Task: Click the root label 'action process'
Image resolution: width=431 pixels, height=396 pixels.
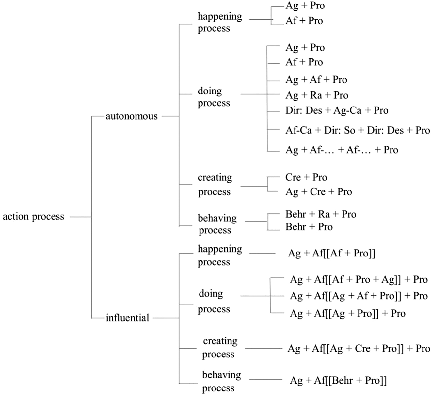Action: [x=33, y=217]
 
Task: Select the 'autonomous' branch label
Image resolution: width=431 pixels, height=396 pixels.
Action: [x=131, y=116]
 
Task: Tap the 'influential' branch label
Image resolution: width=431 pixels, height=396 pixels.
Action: [x=127, y=318]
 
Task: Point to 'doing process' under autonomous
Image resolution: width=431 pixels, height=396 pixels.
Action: [x=214, y=97]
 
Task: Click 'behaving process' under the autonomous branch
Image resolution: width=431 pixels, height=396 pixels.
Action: [x=217, y=224]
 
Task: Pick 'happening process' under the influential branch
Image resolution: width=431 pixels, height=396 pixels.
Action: [x=219, y=255]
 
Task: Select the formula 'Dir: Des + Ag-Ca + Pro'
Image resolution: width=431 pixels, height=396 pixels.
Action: [x=337, y=110]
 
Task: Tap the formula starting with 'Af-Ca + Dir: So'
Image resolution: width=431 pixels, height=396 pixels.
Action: [x=358, y=130]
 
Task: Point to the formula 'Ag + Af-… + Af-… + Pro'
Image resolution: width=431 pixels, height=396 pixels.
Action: [x=342, y=150]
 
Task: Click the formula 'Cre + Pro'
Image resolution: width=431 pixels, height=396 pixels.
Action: [x=306, y=177]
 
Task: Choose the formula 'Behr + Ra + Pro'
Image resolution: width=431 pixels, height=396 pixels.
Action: [x=321, y=214]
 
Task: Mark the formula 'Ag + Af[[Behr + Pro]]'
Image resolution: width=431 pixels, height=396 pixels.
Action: [x=338, y=380]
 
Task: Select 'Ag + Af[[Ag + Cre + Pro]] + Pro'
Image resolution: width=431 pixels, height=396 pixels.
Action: [x=359, y=349]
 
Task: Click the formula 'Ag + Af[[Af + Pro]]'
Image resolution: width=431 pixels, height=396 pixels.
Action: [x=331, y=253]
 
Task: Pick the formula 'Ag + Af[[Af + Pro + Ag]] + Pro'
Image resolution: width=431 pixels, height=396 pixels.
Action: [x=359, y=279]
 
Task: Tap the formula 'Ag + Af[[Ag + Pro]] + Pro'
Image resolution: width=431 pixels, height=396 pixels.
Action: [x=347, y=313]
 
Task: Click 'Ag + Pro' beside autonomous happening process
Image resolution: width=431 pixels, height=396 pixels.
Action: [x=305, y=6]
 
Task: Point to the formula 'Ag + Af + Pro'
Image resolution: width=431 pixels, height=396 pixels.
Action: [x=316, y=80]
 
